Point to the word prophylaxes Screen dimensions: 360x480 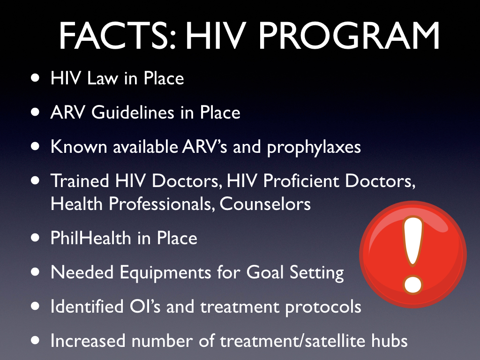[x=314, y=147]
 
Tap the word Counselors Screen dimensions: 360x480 [x=265, y=204]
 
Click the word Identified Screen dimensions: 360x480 [x=85, y=307]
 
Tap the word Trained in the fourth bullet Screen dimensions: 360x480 [x=78, y=181]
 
